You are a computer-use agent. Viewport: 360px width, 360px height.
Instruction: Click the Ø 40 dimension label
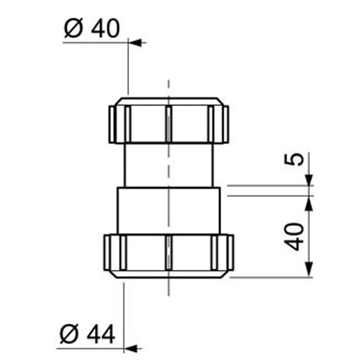pos(91,28)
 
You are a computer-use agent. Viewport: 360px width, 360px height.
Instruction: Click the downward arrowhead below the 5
pos(309,181)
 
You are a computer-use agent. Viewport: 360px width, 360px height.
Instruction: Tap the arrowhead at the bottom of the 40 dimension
pos(309,272)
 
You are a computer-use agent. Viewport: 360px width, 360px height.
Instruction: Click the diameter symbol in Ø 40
pos(71,29)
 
